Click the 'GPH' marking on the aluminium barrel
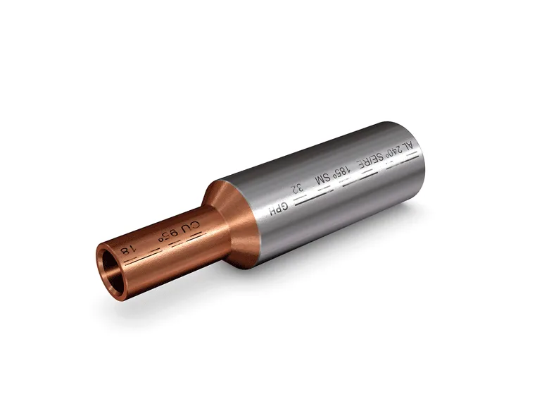coord(280,207)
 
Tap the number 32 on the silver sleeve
coord(299,189)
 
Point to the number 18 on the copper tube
coord(127,250)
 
